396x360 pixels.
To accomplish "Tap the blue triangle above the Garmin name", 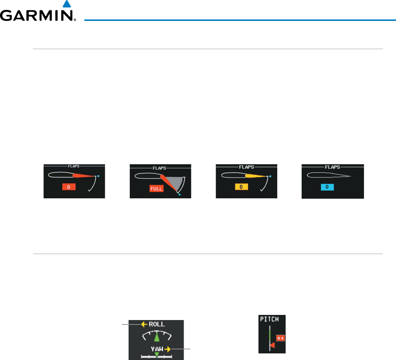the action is tap(66, 4).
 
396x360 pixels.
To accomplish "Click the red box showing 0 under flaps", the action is tap(69, 187).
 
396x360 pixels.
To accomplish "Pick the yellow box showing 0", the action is tap(242, 187).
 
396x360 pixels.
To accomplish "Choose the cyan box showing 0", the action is tap(327, 187).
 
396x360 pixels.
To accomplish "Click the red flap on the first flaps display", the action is tap(84, 176).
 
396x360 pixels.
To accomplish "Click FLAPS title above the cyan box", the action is tap(333, 167).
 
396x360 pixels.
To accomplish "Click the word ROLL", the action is tap(157, 324).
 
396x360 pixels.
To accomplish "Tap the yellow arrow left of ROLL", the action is tap(144, 324).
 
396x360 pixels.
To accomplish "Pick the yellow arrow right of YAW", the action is tap(168, 349).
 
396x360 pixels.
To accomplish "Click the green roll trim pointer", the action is tap(157, 338).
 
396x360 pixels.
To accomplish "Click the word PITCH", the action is tap(269, 319).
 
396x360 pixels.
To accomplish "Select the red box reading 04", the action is tap(280, 338).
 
